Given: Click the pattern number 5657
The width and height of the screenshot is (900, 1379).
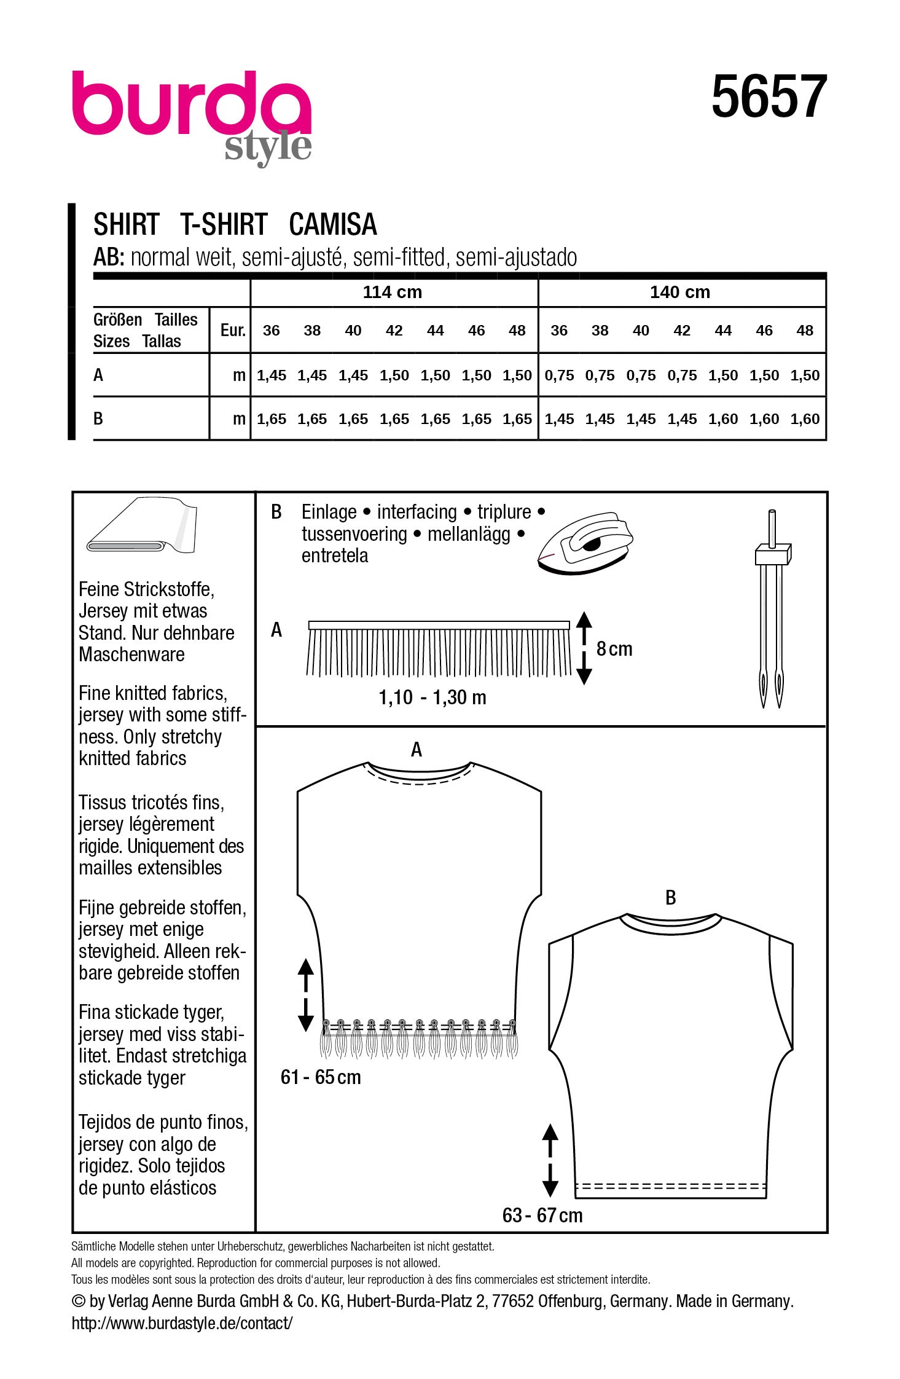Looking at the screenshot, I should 769,97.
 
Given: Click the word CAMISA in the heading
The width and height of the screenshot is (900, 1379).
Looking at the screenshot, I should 332,225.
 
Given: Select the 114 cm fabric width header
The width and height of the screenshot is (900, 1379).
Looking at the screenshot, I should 392,292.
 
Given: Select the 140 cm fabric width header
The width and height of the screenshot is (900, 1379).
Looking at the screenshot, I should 679,292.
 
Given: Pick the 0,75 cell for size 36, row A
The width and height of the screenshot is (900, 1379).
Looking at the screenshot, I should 558,375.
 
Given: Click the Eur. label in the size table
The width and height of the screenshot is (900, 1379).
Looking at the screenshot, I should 232,331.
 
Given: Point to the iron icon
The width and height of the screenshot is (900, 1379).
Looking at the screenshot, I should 584,543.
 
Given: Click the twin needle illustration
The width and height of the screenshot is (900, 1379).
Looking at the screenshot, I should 772,608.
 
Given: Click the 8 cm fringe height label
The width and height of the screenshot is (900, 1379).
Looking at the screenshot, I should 614,649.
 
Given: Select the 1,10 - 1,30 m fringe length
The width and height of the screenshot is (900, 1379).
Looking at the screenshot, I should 432,697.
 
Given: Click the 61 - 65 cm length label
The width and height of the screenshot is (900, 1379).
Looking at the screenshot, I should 320,1077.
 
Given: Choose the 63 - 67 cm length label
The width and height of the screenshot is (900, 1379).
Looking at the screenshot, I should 542,1215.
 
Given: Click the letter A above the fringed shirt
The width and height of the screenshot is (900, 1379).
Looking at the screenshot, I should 416,750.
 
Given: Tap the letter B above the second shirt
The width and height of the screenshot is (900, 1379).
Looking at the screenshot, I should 670,898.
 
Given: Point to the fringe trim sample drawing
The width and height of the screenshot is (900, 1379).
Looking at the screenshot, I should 439,649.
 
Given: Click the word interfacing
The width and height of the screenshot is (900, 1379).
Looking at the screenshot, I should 417,512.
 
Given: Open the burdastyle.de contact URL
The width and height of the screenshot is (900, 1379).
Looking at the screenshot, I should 182,1323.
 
